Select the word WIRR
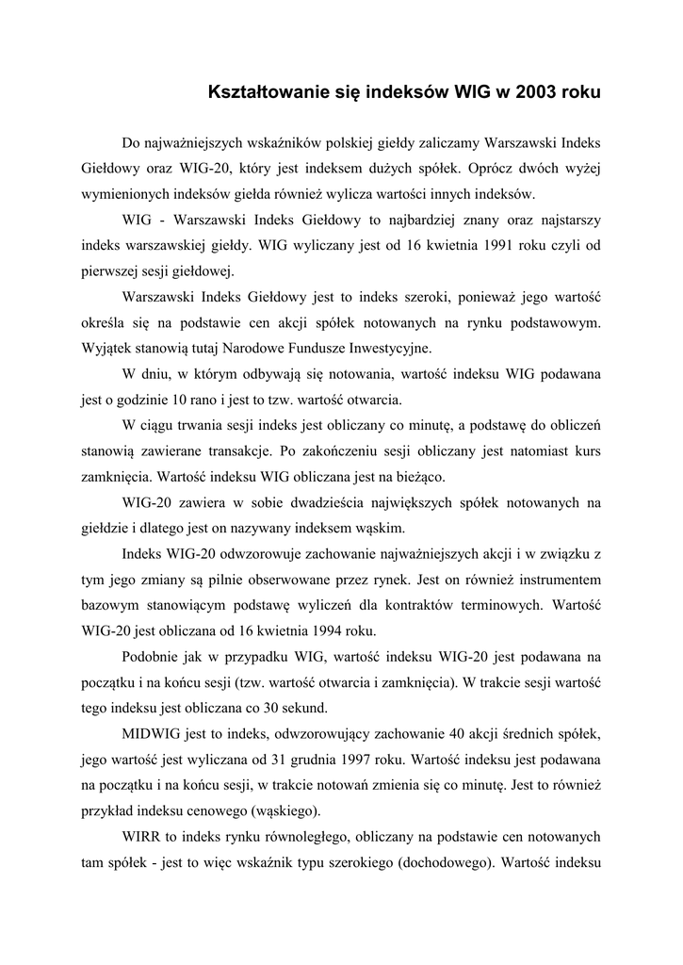[142, 835]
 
